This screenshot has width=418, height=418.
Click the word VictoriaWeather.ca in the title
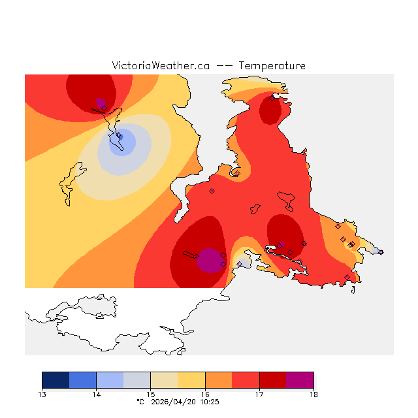pyautogui.click(x=161, y=66)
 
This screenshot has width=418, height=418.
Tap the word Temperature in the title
pyautogui.click(x=272, y=66)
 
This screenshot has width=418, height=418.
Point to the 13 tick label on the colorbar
pyautogui.click(x=42, y=394)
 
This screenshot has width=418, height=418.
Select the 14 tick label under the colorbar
pyautogui.click(x=96, y=394)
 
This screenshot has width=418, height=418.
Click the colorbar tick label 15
pyautogui.click(x=150, y=394)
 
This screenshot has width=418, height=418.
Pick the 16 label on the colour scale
pyautogui.click(x=205, y=394)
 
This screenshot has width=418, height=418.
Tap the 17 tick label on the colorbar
pyautogui.click(x=259, y=394)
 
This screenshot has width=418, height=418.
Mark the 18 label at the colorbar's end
pyautogui.click(x=313, y=394)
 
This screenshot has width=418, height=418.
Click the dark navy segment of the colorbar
pyautogui.click(x=56, y=380)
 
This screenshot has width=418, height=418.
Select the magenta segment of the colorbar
pyautogui.click(x=300, y=380)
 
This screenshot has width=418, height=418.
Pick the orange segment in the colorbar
pyautogui.click(x=219, y=380)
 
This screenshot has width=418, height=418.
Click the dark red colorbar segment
pyautogui.click(x=273, y=380)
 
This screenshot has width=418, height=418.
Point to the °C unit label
pyautogui.click(x=140, y=402)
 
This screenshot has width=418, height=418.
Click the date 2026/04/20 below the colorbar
pyautogui.click(x=172, y=402)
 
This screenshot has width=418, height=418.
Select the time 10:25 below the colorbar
pyautogui.click(x=210, y=402)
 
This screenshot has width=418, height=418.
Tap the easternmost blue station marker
pyautogui.click(x=381, y=252)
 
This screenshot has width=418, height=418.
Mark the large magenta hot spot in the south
pyautogui.click(x=210, y=259)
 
